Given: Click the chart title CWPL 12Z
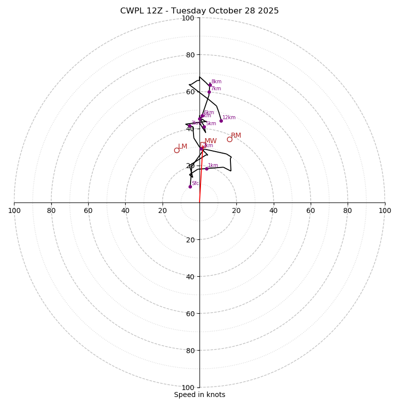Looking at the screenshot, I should [x=199, y=11].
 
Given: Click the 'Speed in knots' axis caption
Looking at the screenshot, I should [x=199, y=395].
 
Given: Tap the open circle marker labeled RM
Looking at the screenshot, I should [x=229, y=139].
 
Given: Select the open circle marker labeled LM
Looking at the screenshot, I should [x=177, y=150].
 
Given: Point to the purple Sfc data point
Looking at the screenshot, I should [x=190, y=187].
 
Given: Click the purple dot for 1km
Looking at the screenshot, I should [x=206, y=169].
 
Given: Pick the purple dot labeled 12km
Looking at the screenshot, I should [x=221, y=121].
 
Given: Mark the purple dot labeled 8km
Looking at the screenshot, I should [x=210, y=85].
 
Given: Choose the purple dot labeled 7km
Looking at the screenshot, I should [x=209, y=92].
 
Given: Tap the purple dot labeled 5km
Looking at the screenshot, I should [x=204, y=127].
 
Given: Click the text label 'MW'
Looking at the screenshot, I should [x=210, y=141].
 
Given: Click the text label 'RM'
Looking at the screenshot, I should [x=236, y=136].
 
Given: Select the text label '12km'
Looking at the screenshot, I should [x=229, y=118].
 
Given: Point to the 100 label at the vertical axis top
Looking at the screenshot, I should [x=188, y=18].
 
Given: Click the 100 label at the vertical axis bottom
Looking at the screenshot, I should [x=188, y=387].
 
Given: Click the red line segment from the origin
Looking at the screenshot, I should [x=200, y=180].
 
